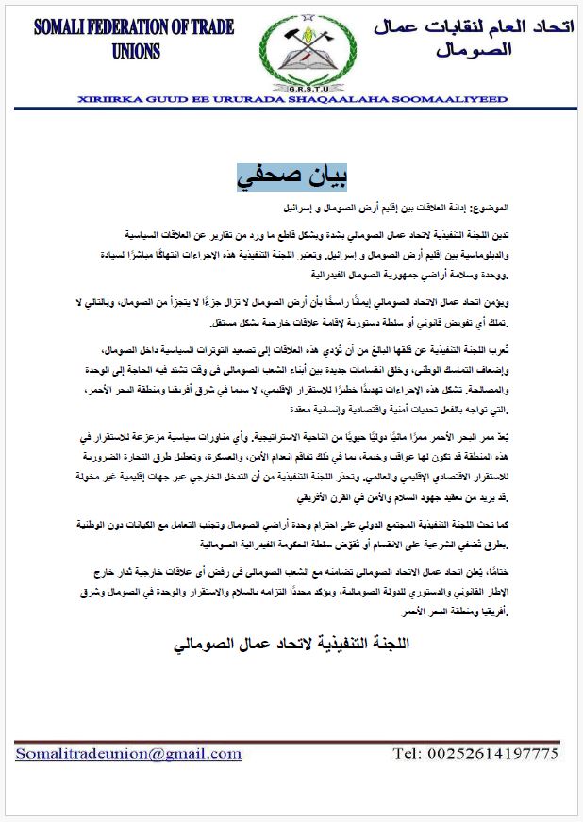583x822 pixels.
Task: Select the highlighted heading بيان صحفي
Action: click(x=291, y=176)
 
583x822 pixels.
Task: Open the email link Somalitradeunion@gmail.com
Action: click(x=128, y=753)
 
